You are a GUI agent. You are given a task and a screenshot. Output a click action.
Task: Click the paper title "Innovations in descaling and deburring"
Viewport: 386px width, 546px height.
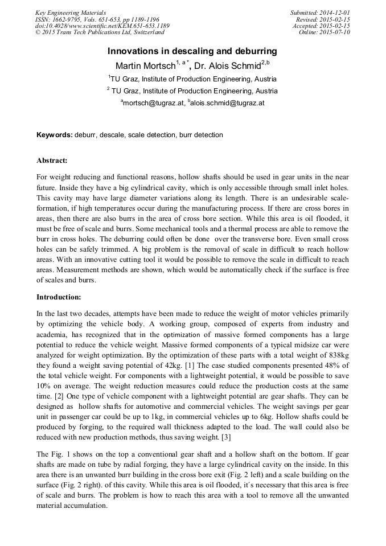click(x=192, y=51)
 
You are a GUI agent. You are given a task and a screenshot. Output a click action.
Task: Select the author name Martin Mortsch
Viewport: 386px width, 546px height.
click(x=145, y=65)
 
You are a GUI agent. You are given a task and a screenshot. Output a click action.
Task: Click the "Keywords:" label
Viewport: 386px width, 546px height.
click(x=55, y=135)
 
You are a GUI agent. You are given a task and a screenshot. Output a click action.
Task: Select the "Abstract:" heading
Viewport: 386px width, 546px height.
click(x=52, y=161)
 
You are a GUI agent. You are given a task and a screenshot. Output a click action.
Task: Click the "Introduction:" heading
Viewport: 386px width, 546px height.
click(x=59, y=297)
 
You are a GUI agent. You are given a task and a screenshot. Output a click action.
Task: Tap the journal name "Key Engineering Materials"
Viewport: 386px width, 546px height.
click(x=71, y=13)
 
